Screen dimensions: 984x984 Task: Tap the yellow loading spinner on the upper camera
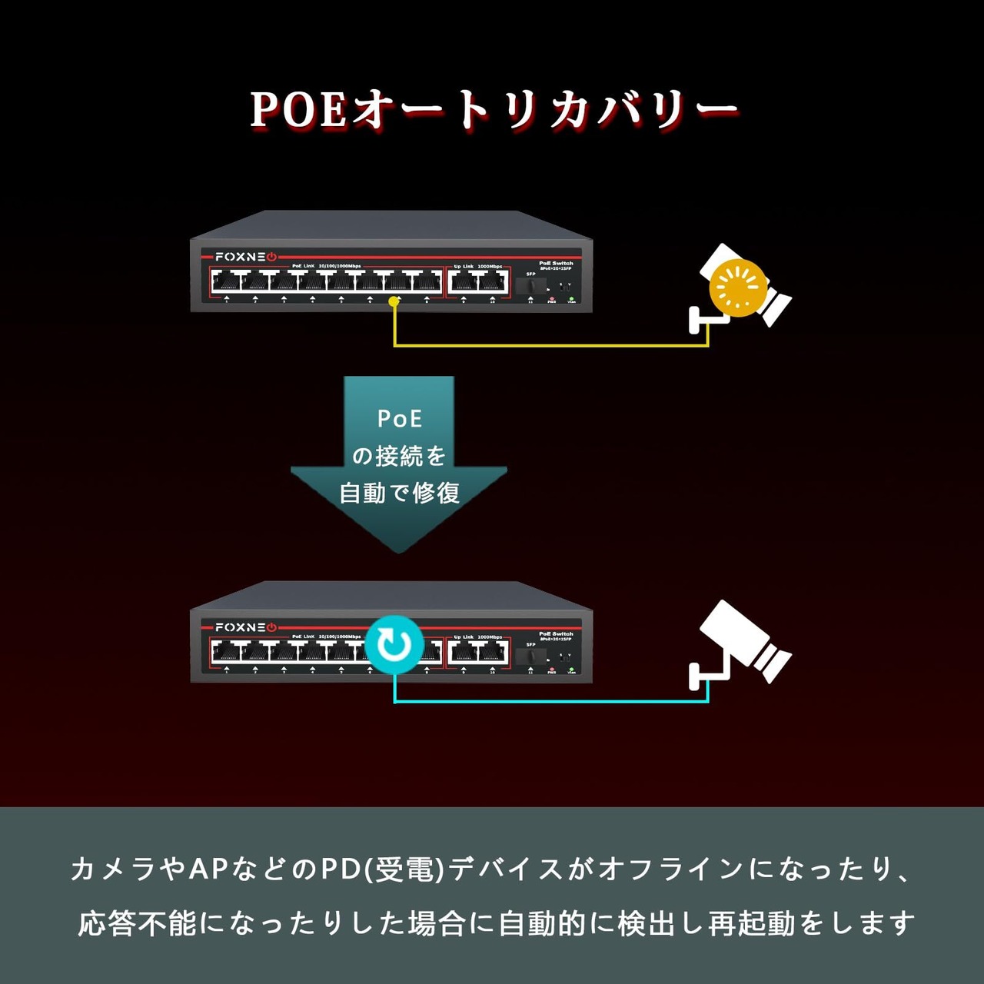[738, 288]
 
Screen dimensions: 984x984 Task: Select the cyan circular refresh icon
[394, 644]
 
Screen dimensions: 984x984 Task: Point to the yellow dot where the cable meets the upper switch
[394, 302]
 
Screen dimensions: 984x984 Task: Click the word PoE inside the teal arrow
[400, 419]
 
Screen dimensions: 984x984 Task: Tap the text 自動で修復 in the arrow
[400, 493]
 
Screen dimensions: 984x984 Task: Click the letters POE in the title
[298, 110]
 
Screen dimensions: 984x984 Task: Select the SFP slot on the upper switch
[532, 286]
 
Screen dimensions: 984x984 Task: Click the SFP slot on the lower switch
[532, 657]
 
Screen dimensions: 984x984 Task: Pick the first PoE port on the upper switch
[227, 282]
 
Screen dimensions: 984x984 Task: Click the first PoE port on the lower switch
[227, 653]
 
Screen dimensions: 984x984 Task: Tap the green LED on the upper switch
[571, 298]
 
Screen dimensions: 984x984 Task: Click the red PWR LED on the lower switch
[552, 669]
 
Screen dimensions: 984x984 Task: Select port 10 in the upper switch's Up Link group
[493, 282]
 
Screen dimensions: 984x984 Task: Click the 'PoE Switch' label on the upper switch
[556, 263]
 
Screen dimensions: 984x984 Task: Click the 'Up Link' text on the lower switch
[464, 637]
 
